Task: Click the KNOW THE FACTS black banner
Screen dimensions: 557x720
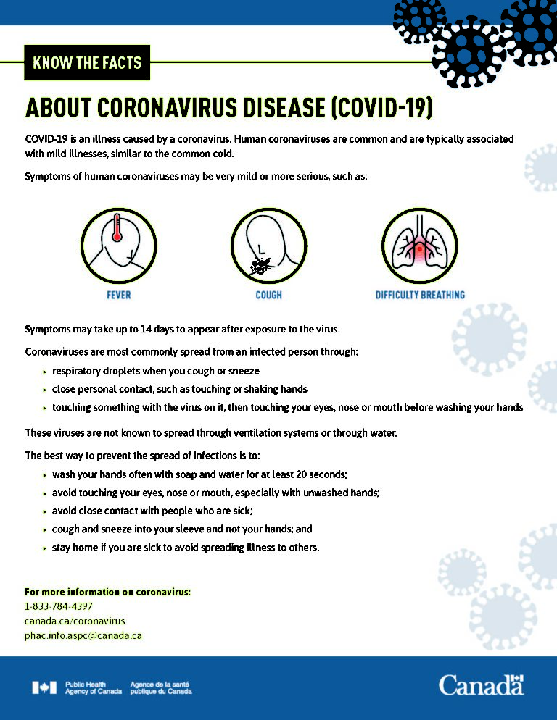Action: (x=87, y=63)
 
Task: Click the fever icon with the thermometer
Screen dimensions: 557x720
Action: (x=118, y=246)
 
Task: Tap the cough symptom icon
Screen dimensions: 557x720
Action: (x=268, y=246)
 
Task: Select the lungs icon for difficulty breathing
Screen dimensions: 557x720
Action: (x=419, y=246)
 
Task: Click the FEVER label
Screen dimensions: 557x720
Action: (x=118, y=296)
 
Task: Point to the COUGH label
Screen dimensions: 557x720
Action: (x=268, y=296)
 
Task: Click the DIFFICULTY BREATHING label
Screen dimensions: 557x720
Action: (x=420, y=296)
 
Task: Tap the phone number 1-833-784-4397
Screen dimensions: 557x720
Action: (x=59, y=606)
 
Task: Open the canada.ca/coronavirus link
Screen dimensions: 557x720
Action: (x=75, y=621)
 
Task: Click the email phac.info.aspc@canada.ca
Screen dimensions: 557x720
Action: (x=83, y=635)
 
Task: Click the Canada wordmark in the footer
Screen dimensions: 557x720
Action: (x=481, y=685)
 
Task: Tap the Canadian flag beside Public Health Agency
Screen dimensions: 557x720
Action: (x=44, y=687)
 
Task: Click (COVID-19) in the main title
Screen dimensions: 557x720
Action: (x=381, y=108)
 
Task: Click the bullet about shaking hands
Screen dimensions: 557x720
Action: (x=179, y=389)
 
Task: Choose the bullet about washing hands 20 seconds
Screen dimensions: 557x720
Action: (x=199, y=474)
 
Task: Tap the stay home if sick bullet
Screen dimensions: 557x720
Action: (x=185, y=547)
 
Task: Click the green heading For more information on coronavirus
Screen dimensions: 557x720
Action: (x=107, y=592)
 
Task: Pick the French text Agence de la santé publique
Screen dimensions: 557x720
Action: (x=160, y=688)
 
